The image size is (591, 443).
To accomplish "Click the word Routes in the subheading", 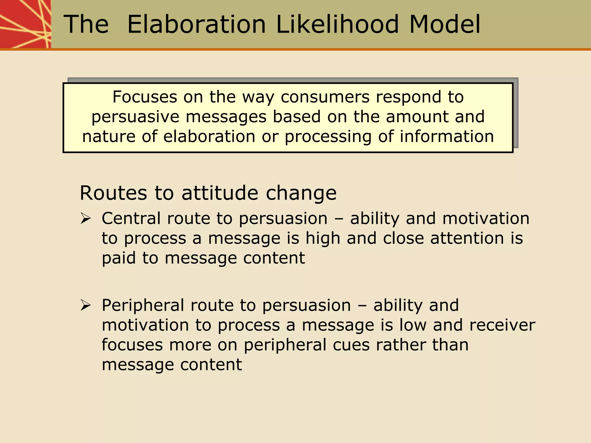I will tap(113, 193).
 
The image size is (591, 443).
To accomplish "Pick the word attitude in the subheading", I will tap(220, 193).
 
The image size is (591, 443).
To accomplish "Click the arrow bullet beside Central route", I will tap(86, 219).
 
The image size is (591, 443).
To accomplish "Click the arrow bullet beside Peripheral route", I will tap(86, 305).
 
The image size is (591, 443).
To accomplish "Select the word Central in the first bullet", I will tap(130, 219).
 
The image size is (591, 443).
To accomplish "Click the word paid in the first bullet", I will tap(119, 258).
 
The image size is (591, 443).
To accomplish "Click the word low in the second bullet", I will tap(413, 325).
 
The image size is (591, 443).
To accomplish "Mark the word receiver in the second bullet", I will tap(502, 325).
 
